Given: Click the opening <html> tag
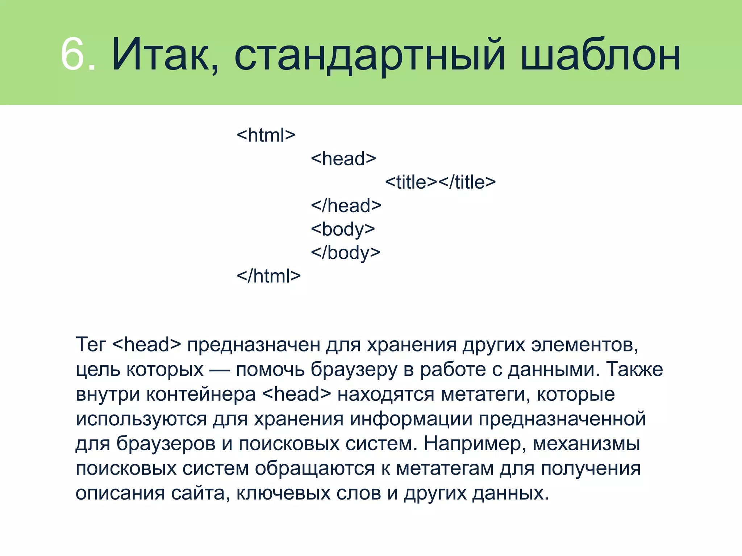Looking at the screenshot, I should tap(266, 135).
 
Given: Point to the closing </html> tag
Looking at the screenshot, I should tap(268, 276).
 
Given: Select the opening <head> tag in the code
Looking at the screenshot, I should tap(343, 159).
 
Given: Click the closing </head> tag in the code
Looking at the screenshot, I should tap(346, 206).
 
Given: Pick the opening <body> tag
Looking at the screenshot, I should tap(343, 229).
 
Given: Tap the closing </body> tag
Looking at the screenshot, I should tap(345, 253).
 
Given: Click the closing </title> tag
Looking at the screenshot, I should tap(467, 182).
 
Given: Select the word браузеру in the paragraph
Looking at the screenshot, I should tap(354, 370).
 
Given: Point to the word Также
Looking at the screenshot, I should tap(635, 369).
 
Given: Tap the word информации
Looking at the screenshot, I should tap(411, 419).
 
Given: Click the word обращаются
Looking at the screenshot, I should tap(314, 468).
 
